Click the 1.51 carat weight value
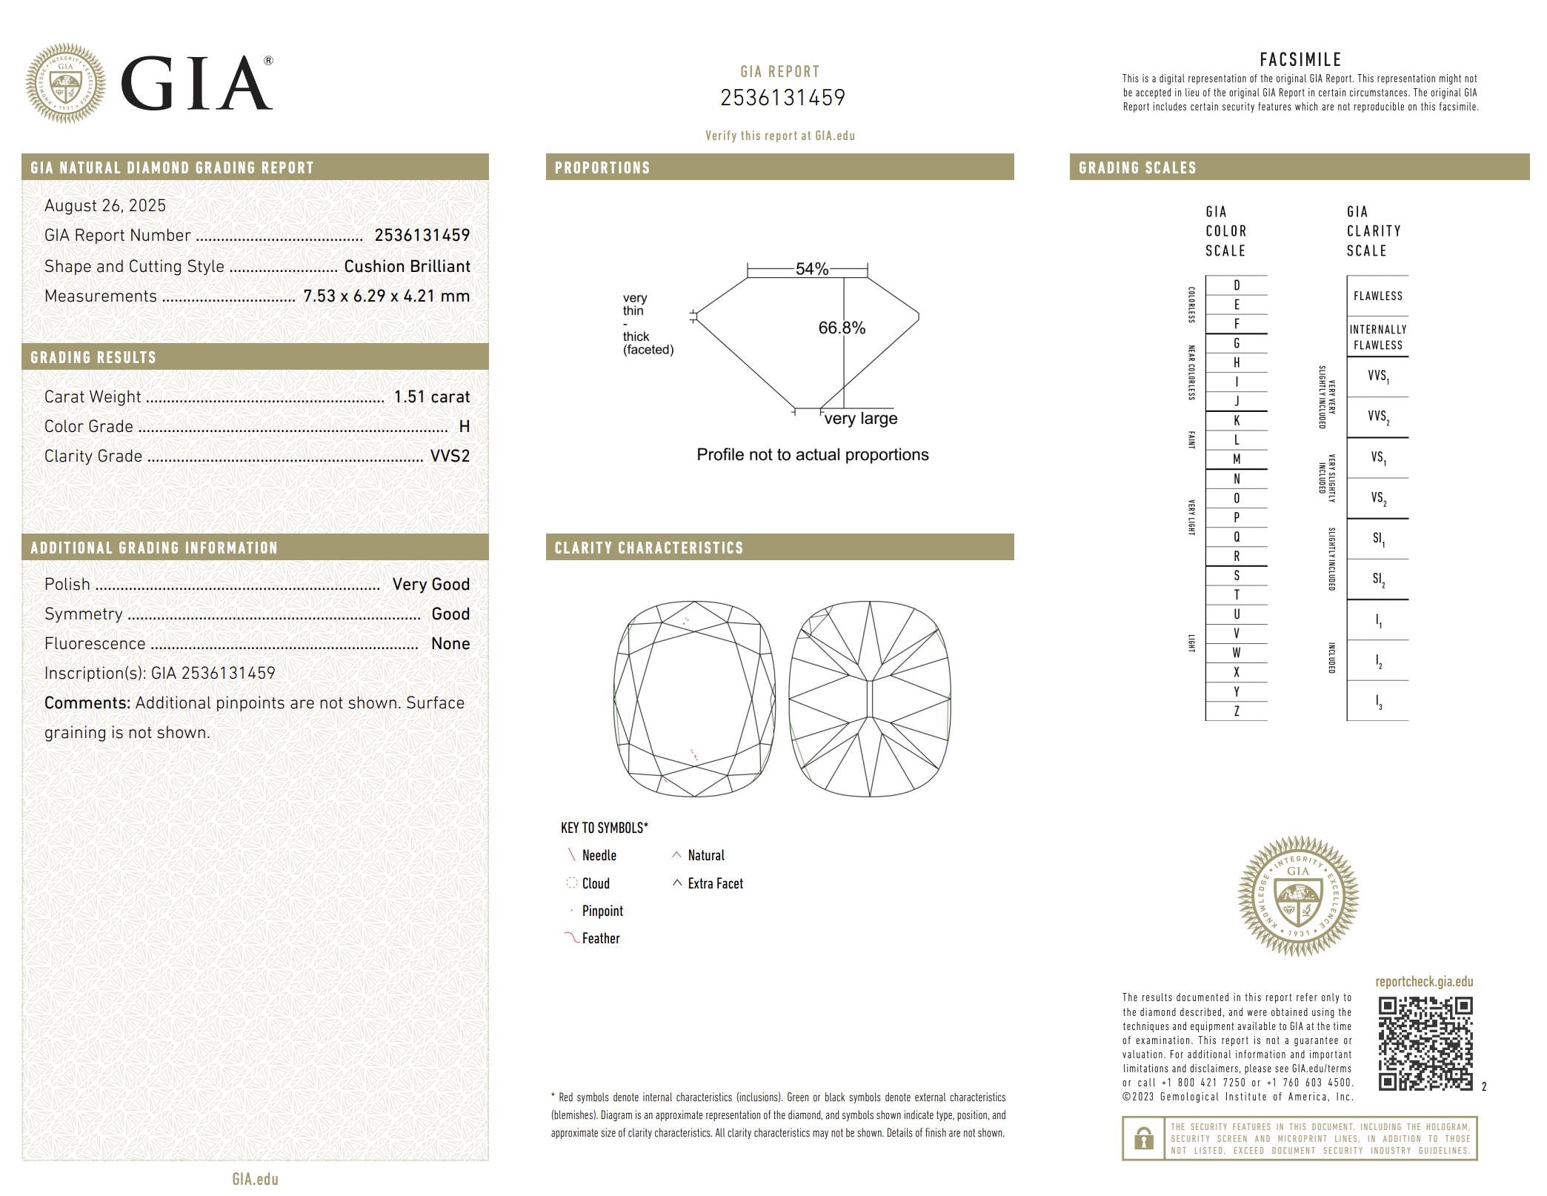431,396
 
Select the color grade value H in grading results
464,426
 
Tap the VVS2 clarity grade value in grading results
450,456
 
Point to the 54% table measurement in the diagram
811,269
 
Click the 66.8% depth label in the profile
841,328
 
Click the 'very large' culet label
860,419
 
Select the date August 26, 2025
105,205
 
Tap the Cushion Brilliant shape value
407,266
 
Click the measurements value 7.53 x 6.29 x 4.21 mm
386,296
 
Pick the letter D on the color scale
1236,285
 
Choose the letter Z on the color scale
1236,711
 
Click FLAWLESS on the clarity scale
1377,296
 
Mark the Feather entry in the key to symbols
600,938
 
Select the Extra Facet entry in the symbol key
714,883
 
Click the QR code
1425,1043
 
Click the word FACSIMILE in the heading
1300,59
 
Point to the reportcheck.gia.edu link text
1423,982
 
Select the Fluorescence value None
450,643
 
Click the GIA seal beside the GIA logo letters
65,82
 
